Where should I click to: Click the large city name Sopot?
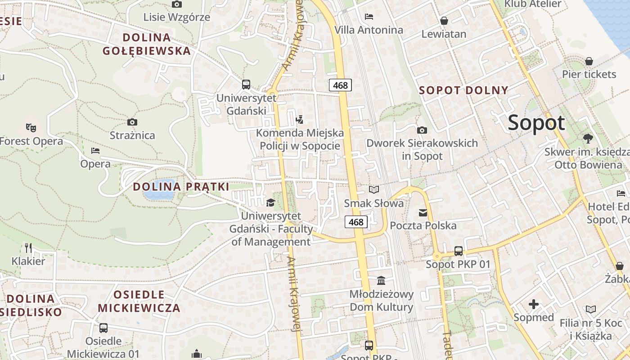pos(536,123)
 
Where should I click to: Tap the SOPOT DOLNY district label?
pos(463,90)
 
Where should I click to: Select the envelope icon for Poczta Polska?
pos(423,213)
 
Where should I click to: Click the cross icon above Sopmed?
pos(534,305)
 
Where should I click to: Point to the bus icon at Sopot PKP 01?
pos(459,251)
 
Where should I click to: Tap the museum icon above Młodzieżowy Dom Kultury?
pos(381,281)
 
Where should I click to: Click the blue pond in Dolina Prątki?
pos(158,194)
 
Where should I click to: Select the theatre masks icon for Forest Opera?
pos(31,128)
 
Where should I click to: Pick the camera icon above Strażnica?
pos(132,122)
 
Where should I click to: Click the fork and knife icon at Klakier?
pos(28,247)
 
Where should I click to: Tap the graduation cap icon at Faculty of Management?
pos(270,203)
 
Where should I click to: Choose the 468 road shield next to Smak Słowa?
pos(356,222)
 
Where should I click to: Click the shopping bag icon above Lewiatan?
pos(444,21)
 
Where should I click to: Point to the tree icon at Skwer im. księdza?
pos(587,138)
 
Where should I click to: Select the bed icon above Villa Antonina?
pos(369,17)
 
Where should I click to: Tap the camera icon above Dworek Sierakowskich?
pos(422,130)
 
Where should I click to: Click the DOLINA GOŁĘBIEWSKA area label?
pos(147,44)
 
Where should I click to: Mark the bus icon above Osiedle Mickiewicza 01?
pos(103,328)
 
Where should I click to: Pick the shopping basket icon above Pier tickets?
pos(589,61)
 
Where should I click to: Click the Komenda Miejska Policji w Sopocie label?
pos(300,139)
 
